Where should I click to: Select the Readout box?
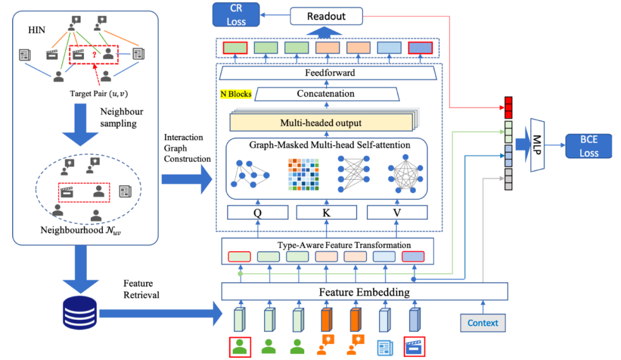326,16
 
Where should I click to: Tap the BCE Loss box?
589,146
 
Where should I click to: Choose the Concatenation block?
325,93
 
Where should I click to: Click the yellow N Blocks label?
236,94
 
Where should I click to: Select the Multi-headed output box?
321,122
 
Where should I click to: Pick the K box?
327,212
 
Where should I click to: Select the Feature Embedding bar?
365,292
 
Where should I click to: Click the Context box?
482,323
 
